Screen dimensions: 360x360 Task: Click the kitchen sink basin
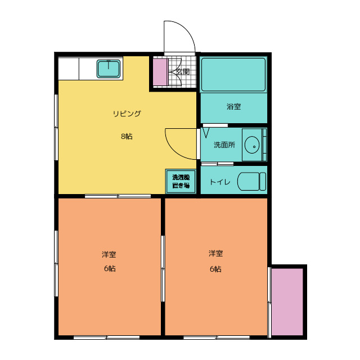tap(109, 69)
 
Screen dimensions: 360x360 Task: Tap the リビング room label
tap(127, 114)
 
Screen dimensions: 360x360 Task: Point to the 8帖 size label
tap(127, 136)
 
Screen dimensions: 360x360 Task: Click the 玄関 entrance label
tap(183, 71)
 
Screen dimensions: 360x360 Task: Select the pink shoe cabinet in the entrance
tap(160, 73)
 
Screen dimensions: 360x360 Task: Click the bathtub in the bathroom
tap(233, 75)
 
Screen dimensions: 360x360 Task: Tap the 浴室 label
tap(233, 106)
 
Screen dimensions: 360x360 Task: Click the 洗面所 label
tap(224, 145)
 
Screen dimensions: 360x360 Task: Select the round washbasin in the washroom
tap(252, 145)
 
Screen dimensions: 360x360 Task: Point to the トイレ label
tap(220, 182)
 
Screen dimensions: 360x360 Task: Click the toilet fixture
tap(251, 181)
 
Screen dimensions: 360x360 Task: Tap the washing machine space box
tap(181, 181)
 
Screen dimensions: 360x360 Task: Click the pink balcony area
tap(287, 301)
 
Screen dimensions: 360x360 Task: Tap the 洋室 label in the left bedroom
tap(109, 254)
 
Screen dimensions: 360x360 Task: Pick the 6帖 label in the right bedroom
tap(215, 269)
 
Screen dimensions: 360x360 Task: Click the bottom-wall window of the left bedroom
tap(106, 337)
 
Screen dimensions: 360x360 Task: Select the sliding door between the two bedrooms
tap(163, 268)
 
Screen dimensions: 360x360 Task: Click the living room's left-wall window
tap(56, 127)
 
